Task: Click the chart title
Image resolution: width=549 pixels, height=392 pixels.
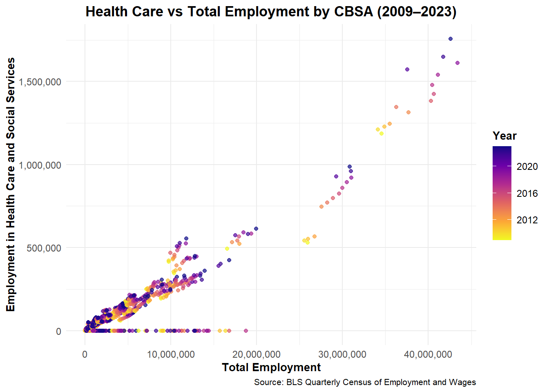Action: [271, 11]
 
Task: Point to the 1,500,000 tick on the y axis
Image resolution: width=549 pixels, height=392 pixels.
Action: [40, 82]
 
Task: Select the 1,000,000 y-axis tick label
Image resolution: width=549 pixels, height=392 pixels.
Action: [40, 165]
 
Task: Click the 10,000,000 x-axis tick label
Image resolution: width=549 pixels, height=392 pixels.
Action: [171, 354]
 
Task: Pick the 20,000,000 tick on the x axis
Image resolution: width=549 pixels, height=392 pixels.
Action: [257, 354]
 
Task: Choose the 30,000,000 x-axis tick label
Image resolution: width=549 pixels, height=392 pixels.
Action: [342, 354]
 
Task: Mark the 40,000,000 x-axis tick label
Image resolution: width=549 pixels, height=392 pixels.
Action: [428, 354]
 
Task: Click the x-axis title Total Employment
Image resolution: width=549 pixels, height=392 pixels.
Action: [271, 367]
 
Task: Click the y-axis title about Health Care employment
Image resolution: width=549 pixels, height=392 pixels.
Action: [11, 185]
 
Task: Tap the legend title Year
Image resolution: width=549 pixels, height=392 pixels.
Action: [504, 136]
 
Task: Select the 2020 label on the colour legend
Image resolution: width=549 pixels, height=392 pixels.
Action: [527, 167]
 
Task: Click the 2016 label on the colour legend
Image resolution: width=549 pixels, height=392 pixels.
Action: [527, 194]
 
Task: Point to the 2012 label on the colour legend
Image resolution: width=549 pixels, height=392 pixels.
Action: [527, 220]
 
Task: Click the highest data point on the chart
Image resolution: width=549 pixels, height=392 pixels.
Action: [450, 39]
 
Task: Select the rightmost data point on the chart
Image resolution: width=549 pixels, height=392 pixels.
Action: [457, 63]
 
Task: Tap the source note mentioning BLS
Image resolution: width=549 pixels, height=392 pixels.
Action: [365, 382]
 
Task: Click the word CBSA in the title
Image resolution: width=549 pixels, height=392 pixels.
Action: [353, 11]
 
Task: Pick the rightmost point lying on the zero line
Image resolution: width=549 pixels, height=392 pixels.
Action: [246, 331]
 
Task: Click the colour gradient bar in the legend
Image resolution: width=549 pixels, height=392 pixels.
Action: [502, 193]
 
